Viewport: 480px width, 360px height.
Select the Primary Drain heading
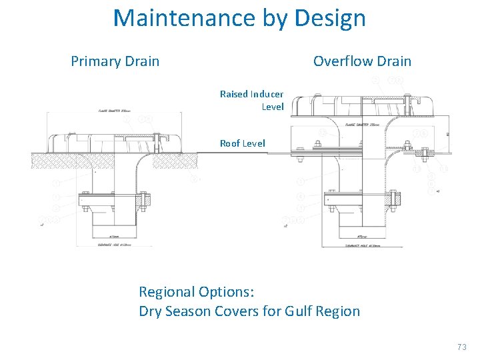[x=115, y=62]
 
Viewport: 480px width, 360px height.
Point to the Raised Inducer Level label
[x=252, y=100]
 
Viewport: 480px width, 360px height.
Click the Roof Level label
[x=243, y=143]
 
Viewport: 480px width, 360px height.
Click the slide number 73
[x=462, y=347]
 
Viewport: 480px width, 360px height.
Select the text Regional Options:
[x=196, y=292]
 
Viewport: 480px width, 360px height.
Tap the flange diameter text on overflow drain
[x=360, y=124]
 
